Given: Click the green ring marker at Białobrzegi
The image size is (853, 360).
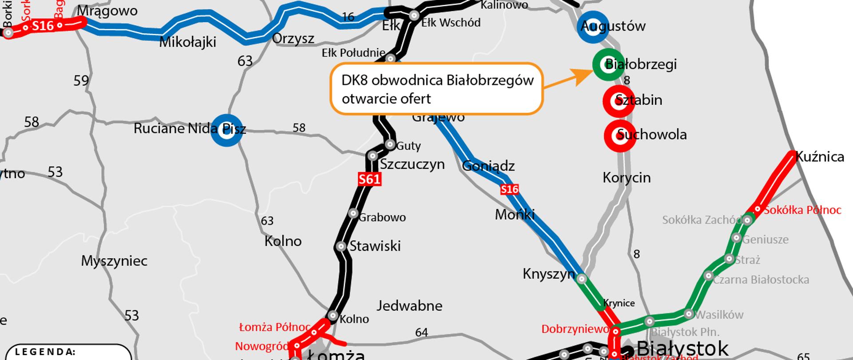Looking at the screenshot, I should (x=608, y=65).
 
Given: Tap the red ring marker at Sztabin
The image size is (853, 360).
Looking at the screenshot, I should (x=618, y=101).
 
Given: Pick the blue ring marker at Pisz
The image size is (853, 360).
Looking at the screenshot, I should (x=227, y=130).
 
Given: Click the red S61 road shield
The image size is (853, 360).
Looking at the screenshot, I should (x=370, y=179).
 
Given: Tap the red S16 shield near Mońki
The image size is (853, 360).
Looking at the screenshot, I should (x=510, y=190).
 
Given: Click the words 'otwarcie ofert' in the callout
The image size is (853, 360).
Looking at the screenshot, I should (x=386, y=99).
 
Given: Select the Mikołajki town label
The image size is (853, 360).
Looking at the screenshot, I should (x=187, y=42).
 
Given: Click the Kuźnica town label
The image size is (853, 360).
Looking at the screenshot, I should (x=820, y=157).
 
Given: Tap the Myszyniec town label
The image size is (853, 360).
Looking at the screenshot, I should (x=114, y=261).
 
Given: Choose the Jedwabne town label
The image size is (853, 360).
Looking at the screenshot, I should (x=409, y=306).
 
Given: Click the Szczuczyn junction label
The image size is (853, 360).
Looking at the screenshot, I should (x=412, y=164).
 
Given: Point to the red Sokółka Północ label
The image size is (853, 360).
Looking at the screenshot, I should (x=802, y=210).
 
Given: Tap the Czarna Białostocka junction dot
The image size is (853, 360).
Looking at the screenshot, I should (x=709, y=276).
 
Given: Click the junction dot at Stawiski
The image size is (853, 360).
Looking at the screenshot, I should (x=341, y=246).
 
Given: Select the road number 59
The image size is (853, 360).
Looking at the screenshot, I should (x=81, y=81).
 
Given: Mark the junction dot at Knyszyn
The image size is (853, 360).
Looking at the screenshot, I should (x=582, y=279).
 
